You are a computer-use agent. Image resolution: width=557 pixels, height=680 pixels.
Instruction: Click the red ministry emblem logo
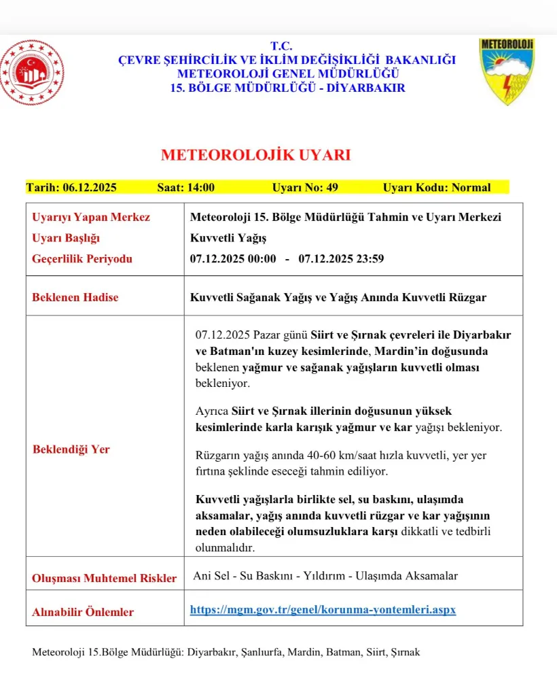pyautogui.click(x=32, y=73)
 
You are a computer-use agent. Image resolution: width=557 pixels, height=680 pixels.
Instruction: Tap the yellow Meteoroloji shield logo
pyautogui.click(x=507, y=71)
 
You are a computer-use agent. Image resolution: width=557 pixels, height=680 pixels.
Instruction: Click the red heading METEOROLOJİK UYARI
pyautogui.click(x=255, y=155)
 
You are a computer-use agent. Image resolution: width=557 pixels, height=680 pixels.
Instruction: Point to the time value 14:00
pyautogui.click(x=202, y=188)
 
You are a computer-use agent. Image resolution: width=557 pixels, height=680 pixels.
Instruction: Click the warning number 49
pyautogui.click(x=331, y=188)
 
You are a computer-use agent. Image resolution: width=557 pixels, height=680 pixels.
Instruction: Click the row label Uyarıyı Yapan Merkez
pyautogui.click(x=91, y=218)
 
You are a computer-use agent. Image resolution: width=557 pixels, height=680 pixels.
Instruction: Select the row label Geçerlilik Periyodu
pyautogui.click(x=82, y=259)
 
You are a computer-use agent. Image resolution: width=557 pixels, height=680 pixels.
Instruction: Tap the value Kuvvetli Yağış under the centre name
pyautogui.click(x=228, y=238)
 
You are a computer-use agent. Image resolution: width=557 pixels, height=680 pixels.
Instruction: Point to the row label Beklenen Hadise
pyautogui.click(x=75, y=297)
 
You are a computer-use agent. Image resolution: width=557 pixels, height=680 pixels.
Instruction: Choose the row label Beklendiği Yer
pyautogui.click(x=71, y=449)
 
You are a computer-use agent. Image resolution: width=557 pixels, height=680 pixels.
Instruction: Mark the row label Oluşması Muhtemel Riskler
pyautogui.click(x=105, y=579)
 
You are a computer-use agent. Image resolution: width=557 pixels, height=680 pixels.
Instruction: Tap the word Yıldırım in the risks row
pyautogui.click(x=318, y=576)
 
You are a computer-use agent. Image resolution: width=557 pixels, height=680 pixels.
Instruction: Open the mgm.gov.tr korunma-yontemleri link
pyautogui.click(x=323, y=610)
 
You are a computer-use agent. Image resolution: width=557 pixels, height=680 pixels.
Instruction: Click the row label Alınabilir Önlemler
pyautogui.click(x=83, y=612)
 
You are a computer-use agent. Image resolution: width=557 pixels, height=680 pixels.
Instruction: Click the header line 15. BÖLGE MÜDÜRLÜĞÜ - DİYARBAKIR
pyautogui.click(x=288, y=88)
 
